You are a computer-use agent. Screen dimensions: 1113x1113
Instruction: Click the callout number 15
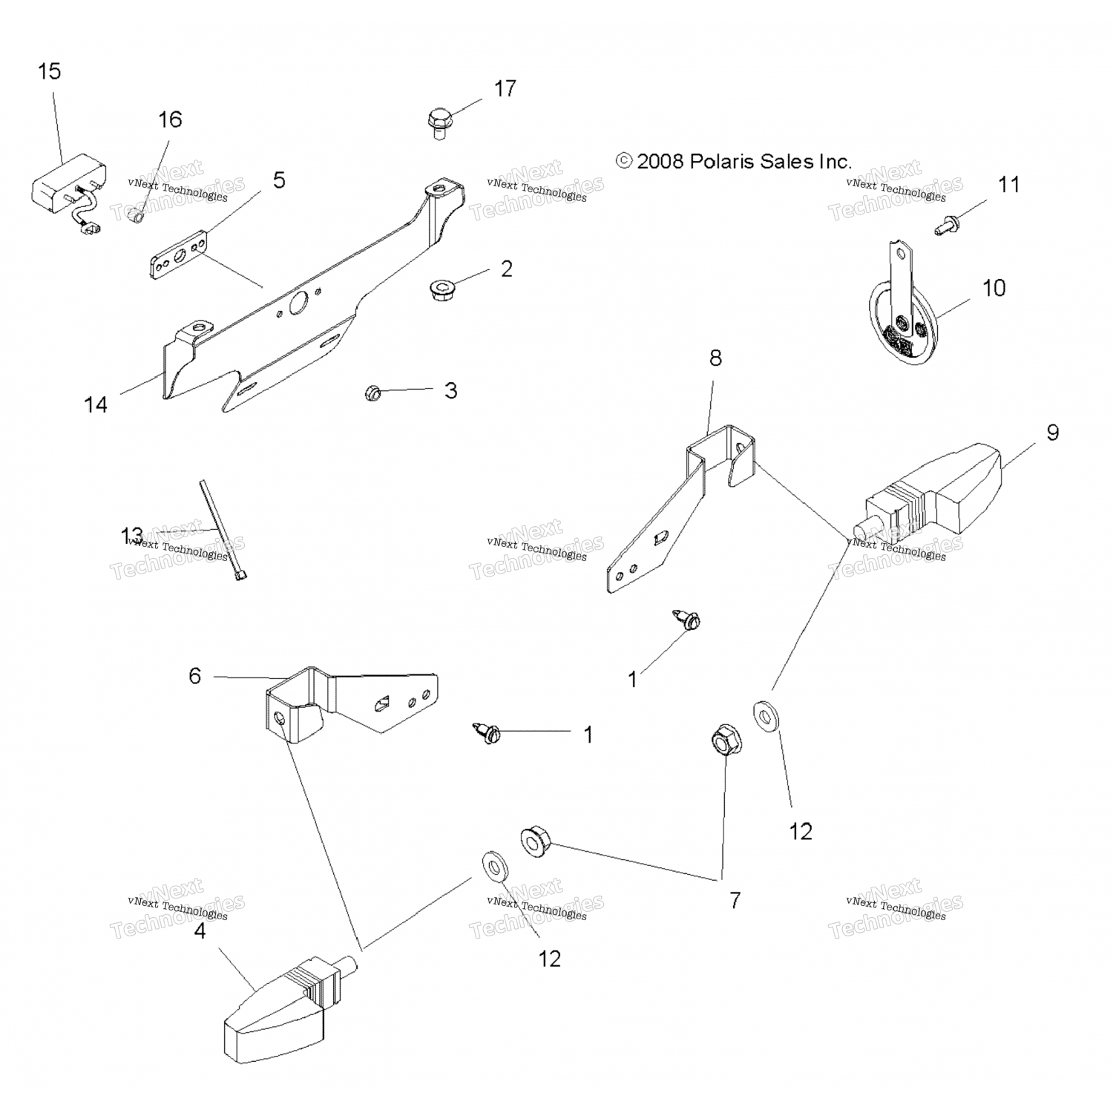pyautogui.click(x=49, y=72)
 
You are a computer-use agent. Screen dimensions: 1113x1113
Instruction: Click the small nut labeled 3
pyautogui.click(x=372, y=392)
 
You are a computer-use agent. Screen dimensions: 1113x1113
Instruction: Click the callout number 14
pyautogui.click(x=96, y=404)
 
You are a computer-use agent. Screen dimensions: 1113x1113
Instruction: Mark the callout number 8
pyautogui.click(x=715, y=358)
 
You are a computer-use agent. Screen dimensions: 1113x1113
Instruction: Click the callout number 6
pyautogui.click(x=194, y=676)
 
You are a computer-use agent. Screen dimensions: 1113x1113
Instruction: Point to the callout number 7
pyautogui.click(x=735, y=901)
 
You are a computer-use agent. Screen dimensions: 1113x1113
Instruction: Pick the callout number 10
pyautogui.click(x=994, y=288)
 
